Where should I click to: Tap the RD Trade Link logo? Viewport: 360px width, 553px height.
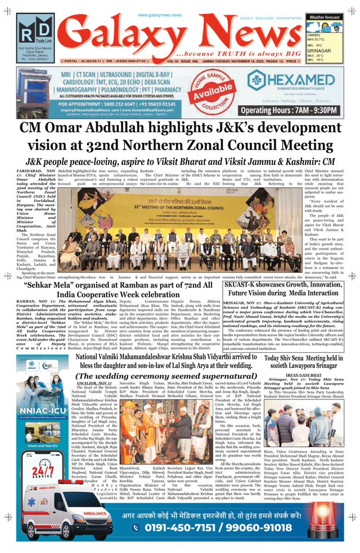click(35, 35)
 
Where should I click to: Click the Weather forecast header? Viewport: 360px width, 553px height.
click(324, 17)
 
